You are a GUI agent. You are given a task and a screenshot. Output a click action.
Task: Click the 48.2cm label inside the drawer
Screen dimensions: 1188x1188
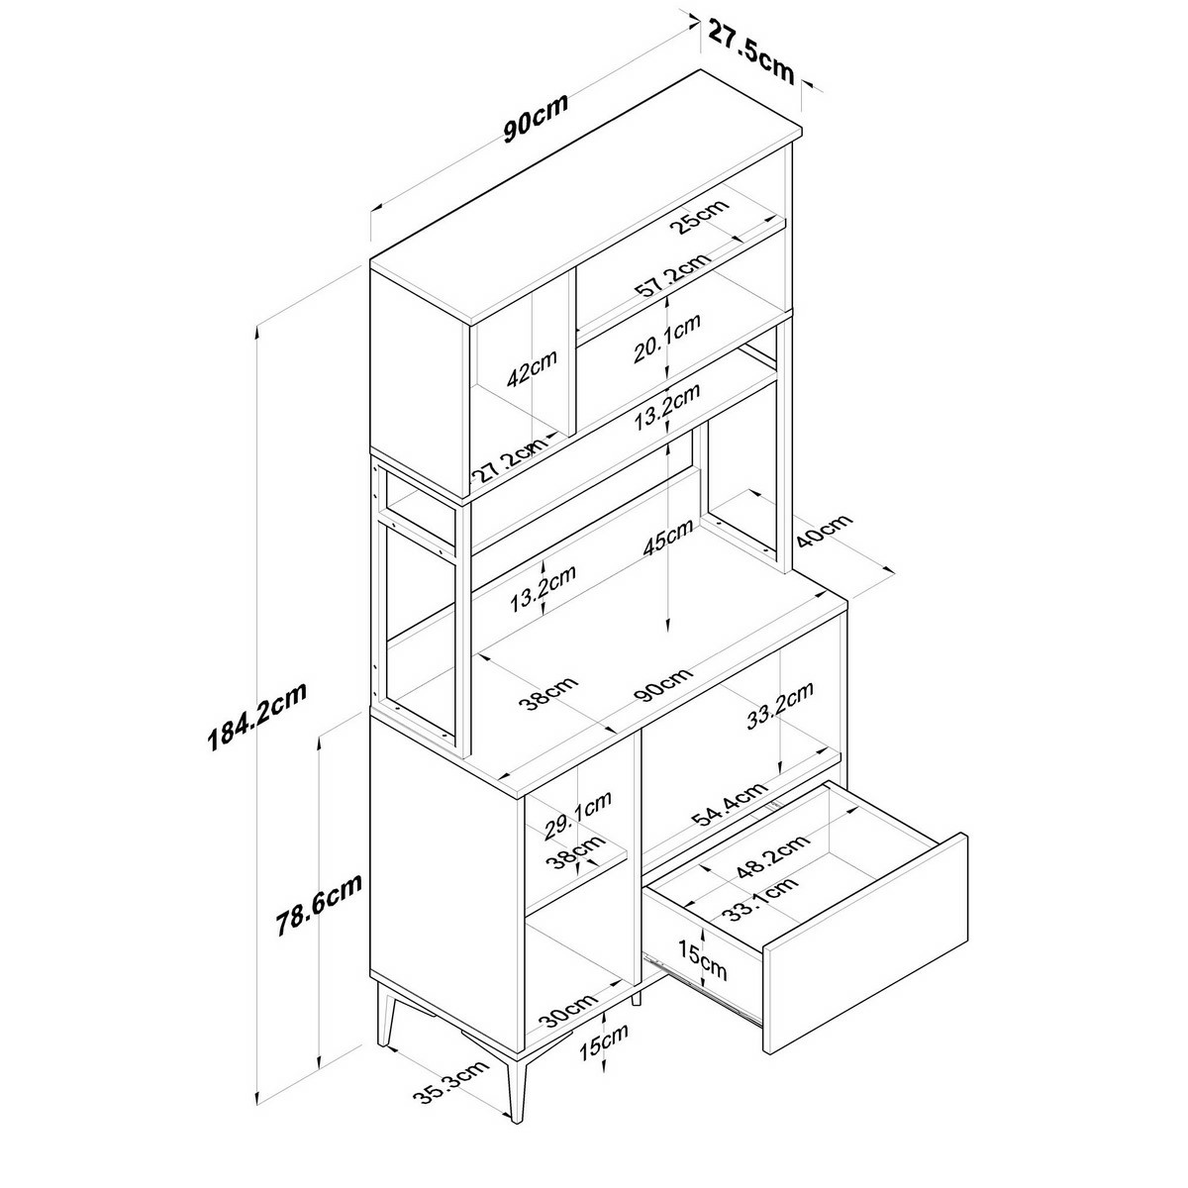click(x=773, y=853)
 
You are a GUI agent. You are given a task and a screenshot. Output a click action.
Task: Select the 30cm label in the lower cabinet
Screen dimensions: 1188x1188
click(x=566, y=1011)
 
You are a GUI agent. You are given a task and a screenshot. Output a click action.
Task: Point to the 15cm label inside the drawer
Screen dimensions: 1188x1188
click(x=703, y=958)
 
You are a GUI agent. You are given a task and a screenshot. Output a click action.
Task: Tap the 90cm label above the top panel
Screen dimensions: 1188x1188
click(x=536, y=118)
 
